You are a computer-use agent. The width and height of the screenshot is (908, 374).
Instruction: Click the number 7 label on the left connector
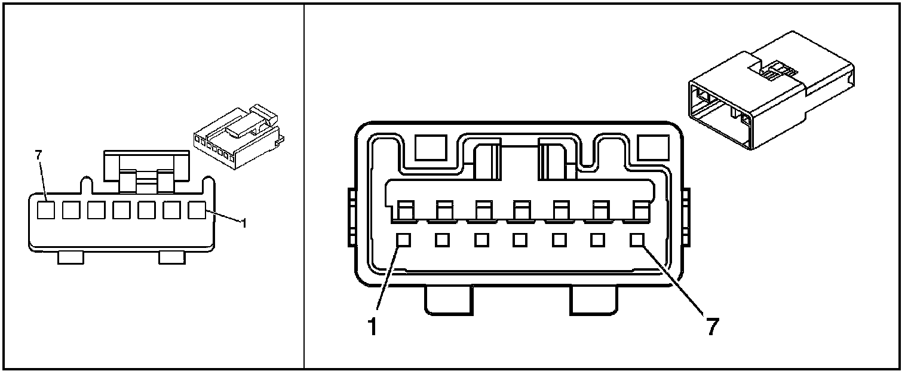point(39,155)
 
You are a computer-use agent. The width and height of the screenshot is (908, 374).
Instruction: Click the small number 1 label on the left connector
point(243,224)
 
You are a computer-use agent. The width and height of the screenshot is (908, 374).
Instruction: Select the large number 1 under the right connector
point(372,327)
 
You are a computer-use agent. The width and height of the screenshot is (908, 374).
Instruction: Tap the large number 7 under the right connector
point(711,327)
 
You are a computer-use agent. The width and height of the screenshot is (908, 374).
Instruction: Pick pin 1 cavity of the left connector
point(197,210)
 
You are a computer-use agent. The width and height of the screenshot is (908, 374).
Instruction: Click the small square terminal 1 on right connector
point(403,240)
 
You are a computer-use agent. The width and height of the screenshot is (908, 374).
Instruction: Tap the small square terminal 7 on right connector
point(637,240)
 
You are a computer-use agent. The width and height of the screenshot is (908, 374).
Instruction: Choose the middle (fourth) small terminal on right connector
point(520,240)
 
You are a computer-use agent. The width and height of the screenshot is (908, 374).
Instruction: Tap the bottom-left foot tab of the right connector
point(448,300)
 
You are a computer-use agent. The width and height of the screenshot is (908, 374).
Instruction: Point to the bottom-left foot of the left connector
point(70,257)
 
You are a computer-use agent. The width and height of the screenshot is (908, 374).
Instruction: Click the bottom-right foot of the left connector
point(171,257)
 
